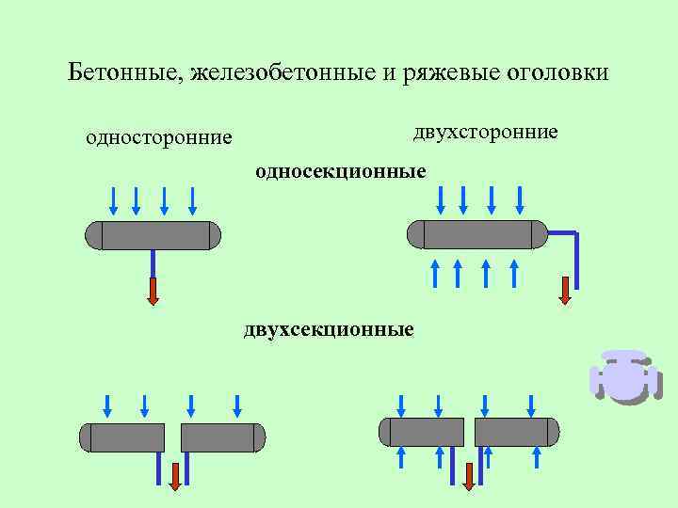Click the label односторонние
click(158, 138)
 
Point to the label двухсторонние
click(485, 132)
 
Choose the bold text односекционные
click(340, 171)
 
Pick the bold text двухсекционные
click(328, 329)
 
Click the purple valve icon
click(621, 377)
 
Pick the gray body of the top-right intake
click(476, 234)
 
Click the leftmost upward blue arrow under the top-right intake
click(435, 272)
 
